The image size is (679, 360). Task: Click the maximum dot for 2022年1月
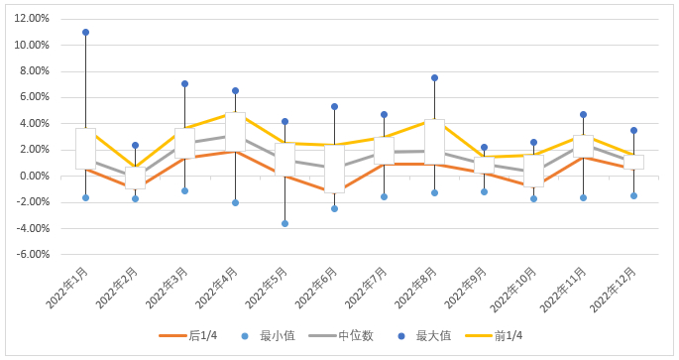pyautogui.click(x=85, y=32)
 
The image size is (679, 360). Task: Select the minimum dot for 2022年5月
pyautogui.click(x=284, y=223)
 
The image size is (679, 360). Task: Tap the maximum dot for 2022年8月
pyautogui.click(x=435, y=78)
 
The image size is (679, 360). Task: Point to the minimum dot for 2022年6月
pyautogui.click(x=335, y=209)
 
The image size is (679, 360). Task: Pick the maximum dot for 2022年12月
pyautogui.click(x=634, y=130)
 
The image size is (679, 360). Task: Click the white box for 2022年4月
pyautogui.click(x=235, y=132)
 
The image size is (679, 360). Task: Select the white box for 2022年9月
pyautogui.click(x=484, y=165)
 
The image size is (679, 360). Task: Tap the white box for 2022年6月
pyautogui.click(x=335, y=169)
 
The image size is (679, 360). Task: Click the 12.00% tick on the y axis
pyautogui.click(x=32, y=18)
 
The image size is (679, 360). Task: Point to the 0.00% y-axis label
pyautogui.click(x=34, y=177)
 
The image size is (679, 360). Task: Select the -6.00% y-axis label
pyautogui.click(x=33, y=254)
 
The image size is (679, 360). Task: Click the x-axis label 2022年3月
pyautogui.click(x=167, y=288)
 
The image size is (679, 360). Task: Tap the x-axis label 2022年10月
pyautogui.click(x=513, y=290)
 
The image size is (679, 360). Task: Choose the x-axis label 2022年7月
pyautogui.click(x=366, y=288)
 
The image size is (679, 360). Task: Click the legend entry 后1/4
pyautogui.click(x=188, y=336)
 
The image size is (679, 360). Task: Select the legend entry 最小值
pyautogui.click(x=268, y=336)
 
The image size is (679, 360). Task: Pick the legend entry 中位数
pyautogui.click(x=341, y=336)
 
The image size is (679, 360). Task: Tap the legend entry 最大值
pyautogui.click(x=424, y=336)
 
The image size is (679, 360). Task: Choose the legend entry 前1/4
pyautogui.click(x=494, y=336)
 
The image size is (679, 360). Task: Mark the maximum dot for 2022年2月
pyautogui.click(x=136, y=146)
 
